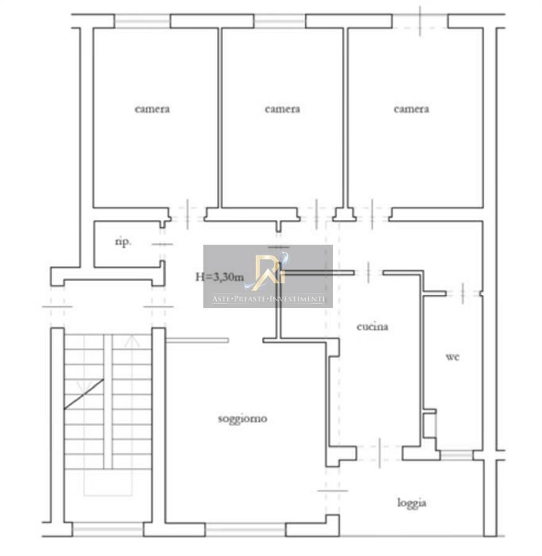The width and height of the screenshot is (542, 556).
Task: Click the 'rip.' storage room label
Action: point(123,242)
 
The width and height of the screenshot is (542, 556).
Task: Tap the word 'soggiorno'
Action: point(243,419)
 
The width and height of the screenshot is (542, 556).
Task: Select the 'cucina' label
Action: point(372,327)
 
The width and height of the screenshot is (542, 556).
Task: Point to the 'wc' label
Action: point(452,356)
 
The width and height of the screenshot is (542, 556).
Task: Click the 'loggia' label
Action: point(412,503)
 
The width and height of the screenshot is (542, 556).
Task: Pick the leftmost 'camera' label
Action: point(152,109)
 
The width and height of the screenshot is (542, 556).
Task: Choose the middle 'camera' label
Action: point(282,109)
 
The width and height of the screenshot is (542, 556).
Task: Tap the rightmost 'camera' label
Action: point(412,109)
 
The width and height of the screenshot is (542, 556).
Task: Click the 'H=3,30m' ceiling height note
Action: point(219,277)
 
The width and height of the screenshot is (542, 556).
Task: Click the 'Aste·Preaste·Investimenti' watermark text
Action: point(268,298)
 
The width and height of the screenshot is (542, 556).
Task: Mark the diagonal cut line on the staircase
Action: point(83,394)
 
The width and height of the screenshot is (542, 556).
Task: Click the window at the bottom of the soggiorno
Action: point(245,530)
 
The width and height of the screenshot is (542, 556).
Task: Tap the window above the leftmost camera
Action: point(143,21)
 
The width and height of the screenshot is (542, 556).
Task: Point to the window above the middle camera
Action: point(279,21)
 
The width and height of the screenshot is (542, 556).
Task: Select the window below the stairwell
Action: point(108,529)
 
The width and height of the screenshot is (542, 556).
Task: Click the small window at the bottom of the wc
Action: point(456,455)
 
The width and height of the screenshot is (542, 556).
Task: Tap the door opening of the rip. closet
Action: point(163,244)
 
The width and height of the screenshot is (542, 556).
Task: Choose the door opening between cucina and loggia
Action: point(379,453)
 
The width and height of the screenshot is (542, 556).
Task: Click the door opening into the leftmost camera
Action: point(187,214)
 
